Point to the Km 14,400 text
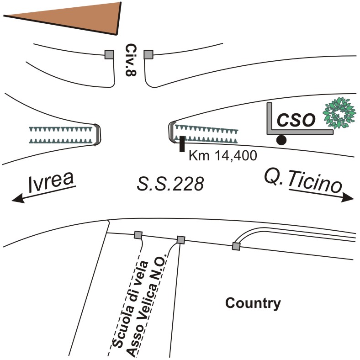[x=223, y=155]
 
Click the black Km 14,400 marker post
[x=182, y=143]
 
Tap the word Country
[x=253, y=303]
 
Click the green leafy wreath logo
[x=339, y=112]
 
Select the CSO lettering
[x=297, y=120]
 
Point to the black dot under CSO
[x=282, y=140]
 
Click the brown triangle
[x=73, y=16]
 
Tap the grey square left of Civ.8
[x=109, y=54]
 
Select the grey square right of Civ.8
[x=148, y=54]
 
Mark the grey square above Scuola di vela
[x=138, y=235]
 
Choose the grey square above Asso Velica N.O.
[x=181, y=239]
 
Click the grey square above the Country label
[x=236, y=246]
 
